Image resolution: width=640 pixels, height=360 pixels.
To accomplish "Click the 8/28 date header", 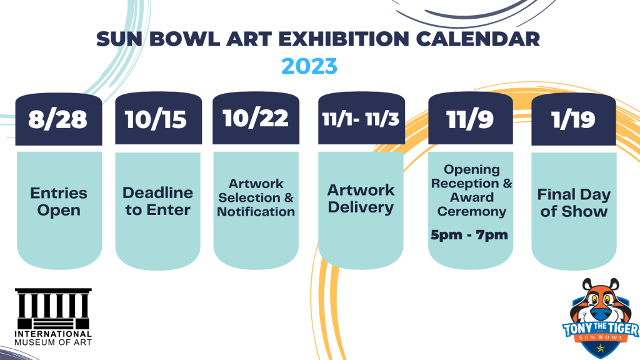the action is (x=58, y=119).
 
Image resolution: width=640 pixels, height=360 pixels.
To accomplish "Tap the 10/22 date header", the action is (x=256, y=118).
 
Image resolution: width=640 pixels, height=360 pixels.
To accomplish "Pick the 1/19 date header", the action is (x=574, y=119).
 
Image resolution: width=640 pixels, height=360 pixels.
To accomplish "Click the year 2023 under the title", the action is (x=309, y=66).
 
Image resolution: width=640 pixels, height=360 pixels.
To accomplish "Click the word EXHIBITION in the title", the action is (x=344, y=39).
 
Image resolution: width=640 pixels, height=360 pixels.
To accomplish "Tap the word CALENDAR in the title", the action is (x=478, y=39).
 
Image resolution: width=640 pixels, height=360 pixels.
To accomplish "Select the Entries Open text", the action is (x=59, y=202).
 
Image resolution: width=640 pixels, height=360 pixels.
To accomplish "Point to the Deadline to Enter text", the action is (x=158, y=201).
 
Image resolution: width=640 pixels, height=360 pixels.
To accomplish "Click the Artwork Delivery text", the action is (x=361, y=199).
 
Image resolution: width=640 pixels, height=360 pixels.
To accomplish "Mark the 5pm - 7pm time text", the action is (x=469, y=235).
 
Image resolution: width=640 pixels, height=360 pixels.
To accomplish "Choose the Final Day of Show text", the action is (x=574, y=203).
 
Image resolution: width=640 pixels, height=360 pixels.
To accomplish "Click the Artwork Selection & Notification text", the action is (x=256, y=197).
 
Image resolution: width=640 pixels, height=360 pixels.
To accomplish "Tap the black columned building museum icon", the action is (x=53, y=309).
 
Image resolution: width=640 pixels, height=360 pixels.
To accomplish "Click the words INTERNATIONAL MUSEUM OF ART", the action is (x=53, y=338).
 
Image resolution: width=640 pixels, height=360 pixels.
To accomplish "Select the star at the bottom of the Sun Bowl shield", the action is (x=601, y=348).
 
